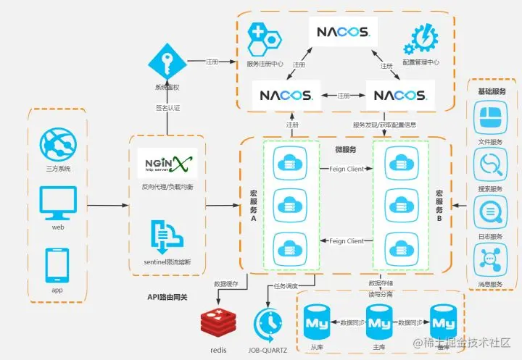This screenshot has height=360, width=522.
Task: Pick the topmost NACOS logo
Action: click(x=343, y=32)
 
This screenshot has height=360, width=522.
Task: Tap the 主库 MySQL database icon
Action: click(x=378, y=319)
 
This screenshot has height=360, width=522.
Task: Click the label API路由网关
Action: click(x=168, y=297)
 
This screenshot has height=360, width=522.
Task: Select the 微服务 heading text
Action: click(x=346, y=150)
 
